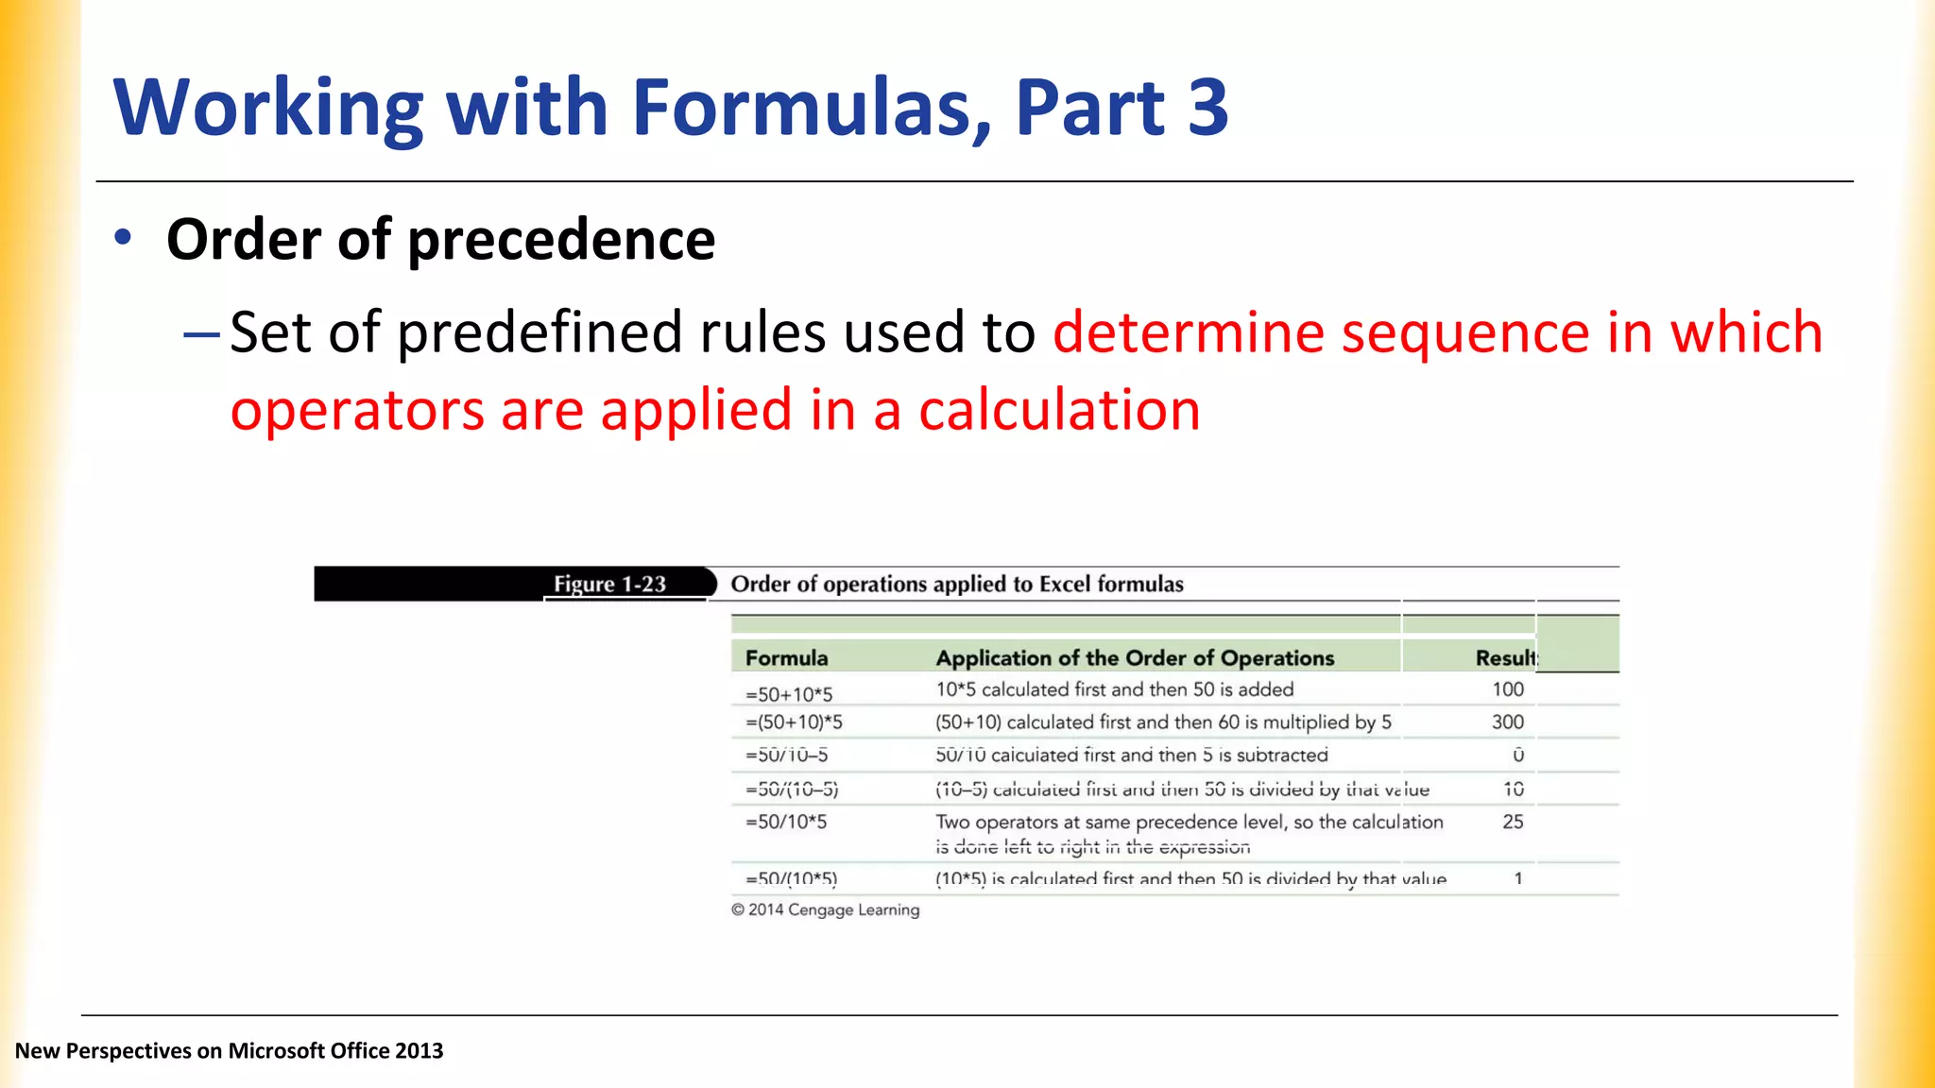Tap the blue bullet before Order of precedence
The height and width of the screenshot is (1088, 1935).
pos(123,237)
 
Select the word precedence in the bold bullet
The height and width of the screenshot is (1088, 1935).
pos(561,240)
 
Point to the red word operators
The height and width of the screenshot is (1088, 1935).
pos(357,412)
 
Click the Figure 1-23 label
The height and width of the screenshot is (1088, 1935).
pos(609,585)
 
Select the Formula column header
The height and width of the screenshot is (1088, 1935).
pos(786,658)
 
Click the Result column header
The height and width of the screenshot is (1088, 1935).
pos(1506,658)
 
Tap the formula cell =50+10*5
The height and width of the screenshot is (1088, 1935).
pos(789,694)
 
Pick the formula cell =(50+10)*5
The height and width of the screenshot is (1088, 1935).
pos(794,722)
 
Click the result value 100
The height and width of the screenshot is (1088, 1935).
pos(1508,689)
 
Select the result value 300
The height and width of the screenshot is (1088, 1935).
pos(1508,722)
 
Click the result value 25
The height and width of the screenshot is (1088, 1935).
pos(1513,822)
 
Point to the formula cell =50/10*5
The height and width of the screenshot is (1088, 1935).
pos(786,822)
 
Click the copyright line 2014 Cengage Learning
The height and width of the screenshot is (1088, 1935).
pos(825,909)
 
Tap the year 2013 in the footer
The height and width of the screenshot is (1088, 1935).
pos(420,1051)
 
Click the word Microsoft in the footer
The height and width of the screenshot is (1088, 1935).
pos(274,1051)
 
